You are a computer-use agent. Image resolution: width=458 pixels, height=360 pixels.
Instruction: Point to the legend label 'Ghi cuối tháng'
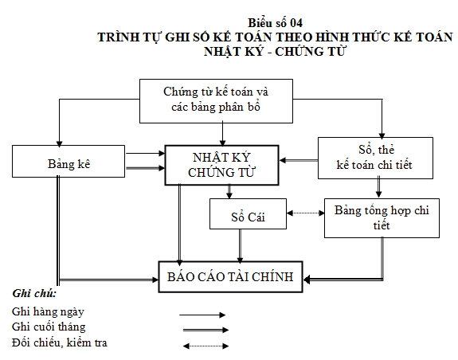(49, 327)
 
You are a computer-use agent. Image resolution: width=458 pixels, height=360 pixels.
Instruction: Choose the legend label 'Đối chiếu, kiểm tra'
(61, 343)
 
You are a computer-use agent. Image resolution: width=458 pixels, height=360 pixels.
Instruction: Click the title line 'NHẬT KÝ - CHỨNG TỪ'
(272, 51)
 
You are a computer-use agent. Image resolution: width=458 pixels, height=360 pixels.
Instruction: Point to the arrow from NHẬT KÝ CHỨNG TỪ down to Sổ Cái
(229, 192)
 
